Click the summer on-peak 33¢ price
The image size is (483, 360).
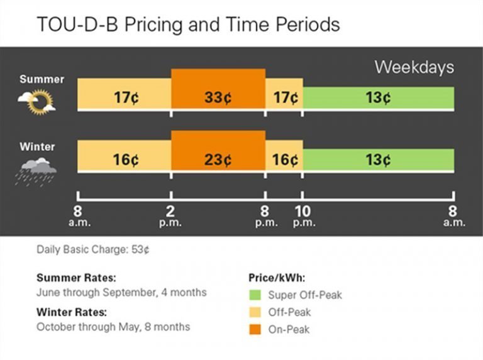click(x=218, y=97)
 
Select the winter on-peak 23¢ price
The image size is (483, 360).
click(x=218, y=160)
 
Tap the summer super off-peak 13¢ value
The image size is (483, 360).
click(x=378, y=97)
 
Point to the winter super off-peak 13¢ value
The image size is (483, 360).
click(x=378, y=160)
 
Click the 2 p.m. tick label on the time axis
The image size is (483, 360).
click(x=170, y=216)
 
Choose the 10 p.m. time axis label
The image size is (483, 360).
click(x=304, y=216)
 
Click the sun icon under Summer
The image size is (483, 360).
click(x=37, y=102)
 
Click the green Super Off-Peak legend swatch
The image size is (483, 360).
click(x=255, y=295)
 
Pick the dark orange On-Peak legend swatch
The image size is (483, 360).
click(x=255, y=329)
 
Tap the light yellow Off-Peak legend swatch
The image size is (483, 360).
click(x=255, y=312)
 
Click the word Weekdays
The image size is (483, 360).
click(x=414, y=67)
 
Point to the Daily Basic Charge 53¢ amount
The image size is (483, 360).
click(x=140, y=249)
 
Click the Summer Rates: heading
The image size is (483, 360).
click(x=76, y=278)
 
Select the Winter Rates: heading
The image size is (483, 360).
click(x=72, y=312)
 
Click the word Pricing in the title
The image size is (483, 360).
click(x=153, y=25)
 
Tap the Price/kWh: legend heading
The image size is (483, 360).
click(x=277, y=278)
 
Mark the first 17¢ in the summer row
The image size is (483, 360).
click(x=126, y=97)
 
